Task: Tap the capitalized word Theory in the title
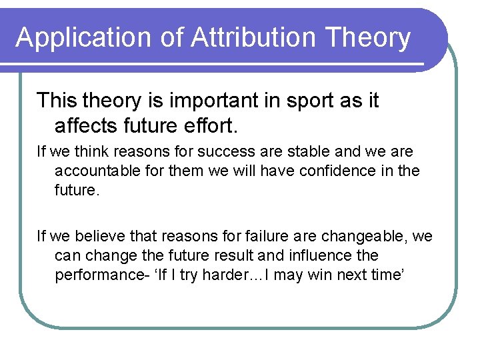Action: (x=369, y=37)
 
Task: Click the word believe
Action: (x=99, y=236)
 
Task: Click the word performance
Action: (x=99, y=275)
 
